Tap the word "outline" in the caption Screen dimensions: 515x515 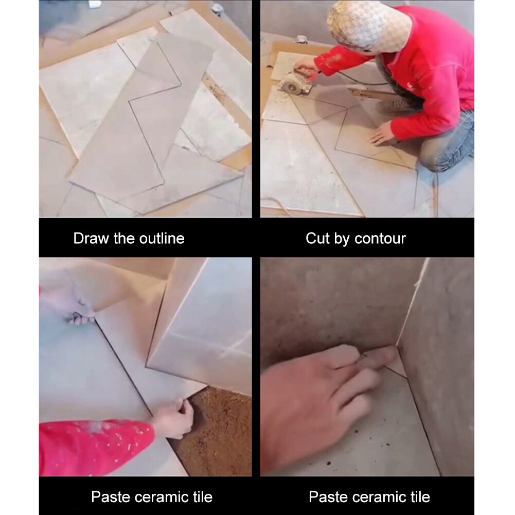pyautogui.click(x=162, y=238)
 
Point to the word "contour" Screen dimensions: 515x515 pyautogui.click(x=380, y=239)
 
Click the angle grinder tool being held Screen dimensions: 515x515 pyautogui.click(x=295, y=82)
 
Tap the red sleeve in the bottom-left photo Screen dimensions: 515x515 pyautogui.click(x=92, y=447)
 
